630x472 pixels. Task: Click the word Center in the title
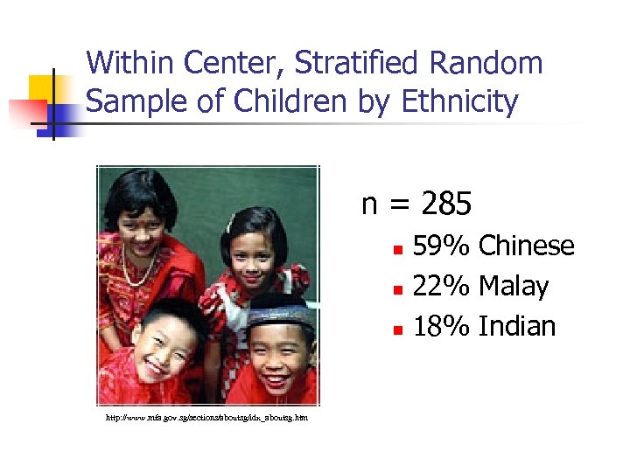[x=236, y=63]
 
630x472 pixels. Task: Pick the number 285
[x=446, y=205]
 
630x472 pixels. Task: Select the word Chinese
[x=527, y=246]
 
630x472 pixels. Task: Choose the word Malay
[x=514, y=287]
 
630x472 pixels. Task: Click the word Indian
[x=518, y=327]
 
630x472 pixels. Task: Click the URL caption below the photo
[x=206, y=418]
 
